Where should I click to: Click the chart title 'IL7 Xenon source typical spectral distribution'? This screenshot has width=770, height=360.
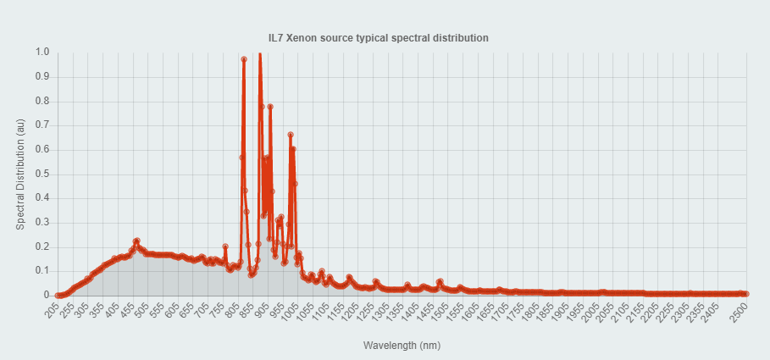[385, 38]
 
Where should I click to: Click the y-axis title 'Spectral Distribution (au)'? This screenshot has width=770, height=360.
[20, 174]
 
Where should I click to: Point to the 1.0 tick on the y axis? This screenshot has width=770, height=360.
[42, 53]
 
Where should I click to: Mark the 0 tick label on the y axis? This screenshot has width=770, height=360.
[47, 295]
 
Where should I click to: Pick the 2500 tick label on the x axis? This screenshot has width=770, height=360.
[738, 313]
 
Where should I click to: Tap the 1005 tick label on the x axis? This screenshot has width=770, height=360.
[291, 313]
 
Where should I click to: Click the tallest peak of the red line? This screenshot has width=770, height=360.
[259, 53]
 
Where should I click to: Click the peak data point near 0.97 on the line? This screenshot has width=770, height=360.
[244, 59]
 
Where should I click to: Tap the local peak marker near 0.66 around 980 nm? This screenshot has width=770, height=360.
[291, 135]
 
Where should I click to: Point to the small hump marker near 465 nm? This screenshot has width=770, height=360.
[136, 241]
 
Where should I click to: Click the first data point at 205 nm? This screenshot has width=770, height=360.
[58, 295]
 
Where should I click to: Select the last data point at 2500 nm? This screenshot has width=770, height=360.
[746, 294]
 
